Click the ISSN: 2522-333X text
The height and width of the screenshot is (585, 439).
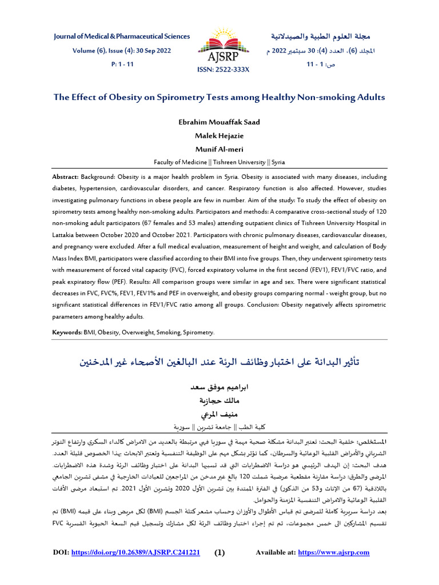coord(219,69)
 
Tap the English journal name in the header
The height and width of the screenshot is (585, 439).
coord(122,37)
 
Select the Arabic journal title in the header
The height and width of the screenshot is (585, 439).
coord(321,37)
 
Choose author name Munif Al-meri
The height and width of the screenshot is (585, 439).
coord(219,150)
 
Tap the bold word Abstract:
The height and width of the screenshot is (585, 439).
coord(66,177)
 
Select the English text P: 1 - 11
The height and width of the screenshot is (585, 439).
coord(121,64)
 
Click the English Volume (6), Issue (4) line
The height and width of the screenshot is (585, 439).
coord(121,50)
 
